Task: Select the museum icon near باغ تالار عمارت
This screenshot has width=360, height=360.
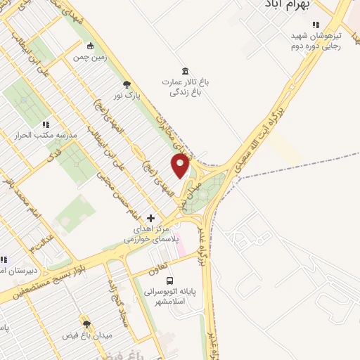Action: point(185,71)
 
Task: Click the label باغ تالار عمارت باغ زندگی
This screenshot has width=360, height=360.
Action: point(188,87)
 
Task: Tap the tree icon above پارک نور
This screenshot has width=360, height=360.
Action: point(127,83)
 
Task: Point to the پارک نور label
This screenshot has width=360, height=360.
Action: point(128,94)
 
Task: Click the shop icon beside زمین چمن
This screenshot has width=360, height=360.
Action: point(90,47)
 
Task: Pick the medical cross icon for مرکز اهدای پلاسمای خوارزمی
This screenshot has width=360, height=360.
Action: point(150,218)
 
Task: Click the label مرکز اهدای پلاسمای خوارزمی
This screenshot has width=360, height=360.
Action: point(150,234)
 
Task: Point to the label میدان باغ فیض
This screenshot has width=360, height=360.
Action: point(87,335)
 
